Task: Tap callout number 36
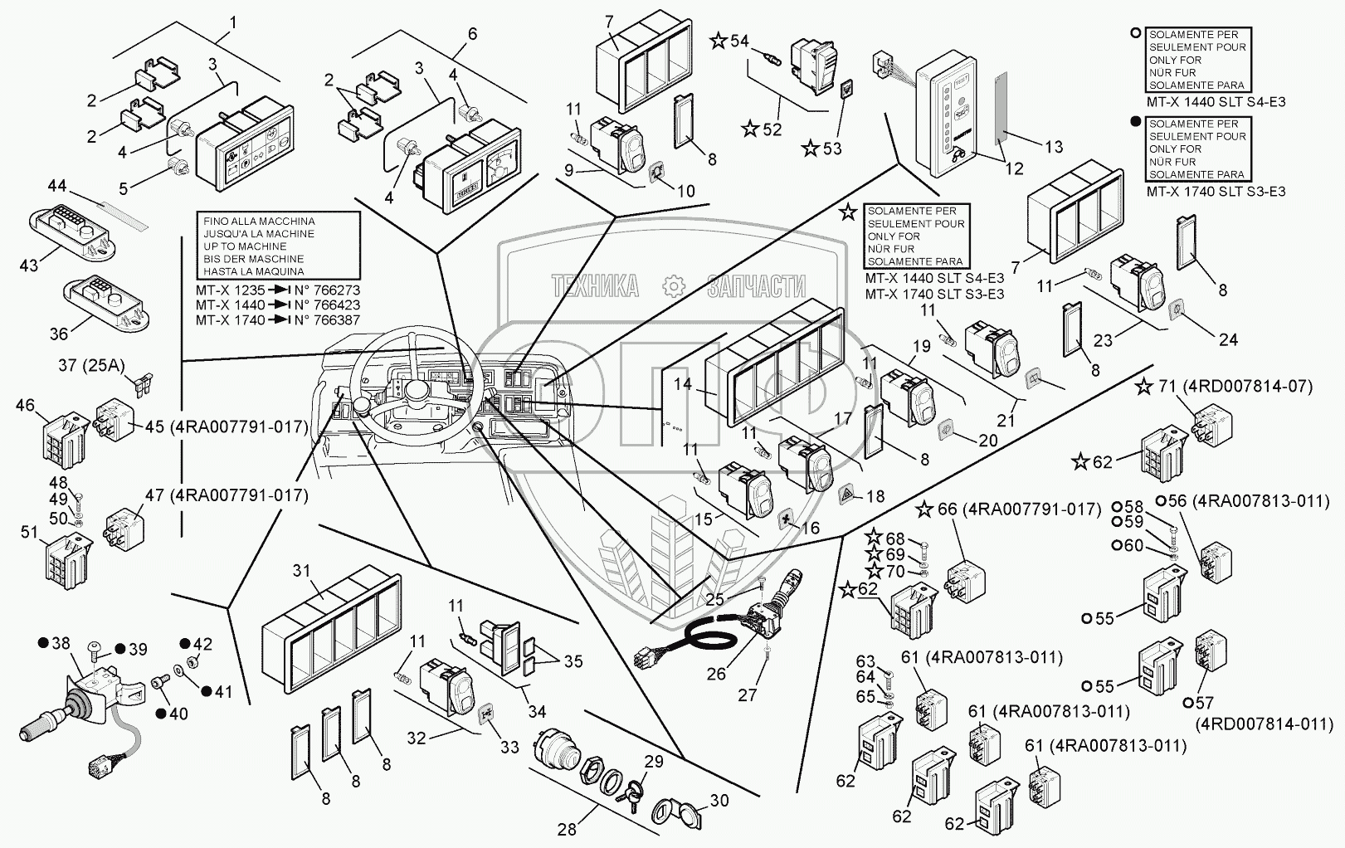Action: point(58,334)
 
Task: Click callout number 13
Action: point(1053,147)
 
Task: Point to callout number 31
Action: point(300,570)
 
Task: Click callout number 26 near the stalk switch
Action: point(716,675)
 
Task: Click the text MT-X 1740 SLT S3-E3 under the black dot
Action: point(1216,192)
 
